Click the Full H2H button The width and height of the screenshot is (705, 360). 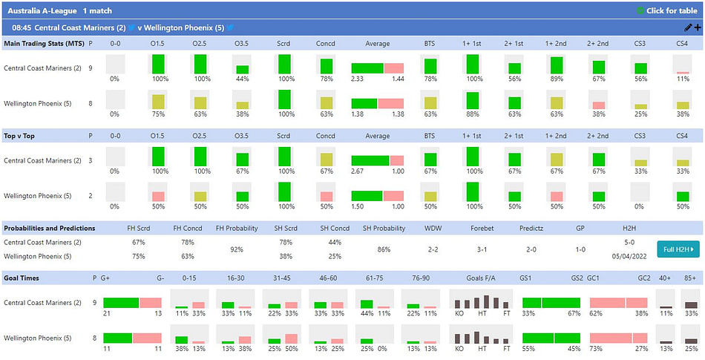coord(678,249)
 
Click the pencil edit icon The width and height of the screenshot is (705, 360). coord(687,27)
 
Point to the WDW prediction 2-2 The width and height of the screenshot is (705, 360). coord(434,249)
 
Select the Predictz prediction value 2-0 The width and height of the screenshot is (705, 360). coord(531,249)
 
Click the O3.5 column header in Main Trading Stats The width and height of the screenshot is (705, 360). coord(242,43)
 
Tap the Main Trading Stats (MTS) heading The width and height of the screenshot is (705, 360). coord(44,43)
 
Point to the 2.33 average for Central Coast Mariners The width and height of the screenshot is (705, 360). coord(357,78)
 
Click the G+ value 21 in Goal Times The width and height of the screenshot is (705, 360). coord(107,313)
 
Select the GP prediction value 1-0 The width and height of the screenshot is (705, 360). coord(580,249)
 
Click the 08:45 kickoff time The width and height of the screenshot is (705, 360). coord(22,27)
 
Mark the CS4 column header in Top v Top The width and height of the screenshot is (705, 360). coord(682,136)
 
